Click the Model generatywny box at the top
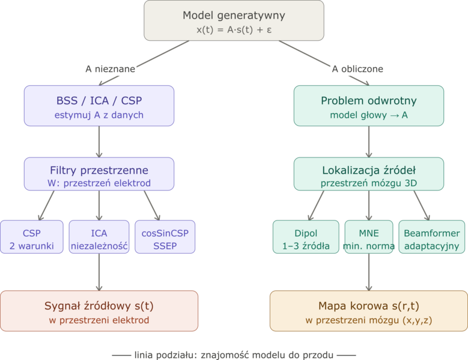[x=234, y=21]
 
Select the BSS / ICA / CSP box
[x=99, y=106]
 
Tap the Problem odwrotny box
[x=369, y=106]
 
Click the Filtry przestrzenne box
[x=99, y=174]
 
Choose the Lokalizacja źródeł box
[x=369, y=174]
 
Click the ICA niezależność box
[x=99, y=239]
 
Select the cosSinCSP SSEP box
[x=165, y=239]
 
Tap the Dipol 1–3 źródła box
[x=305, y=239]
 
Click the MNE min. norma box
[x=368, y=239]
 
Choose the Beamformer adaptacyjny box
[x=431, y=239]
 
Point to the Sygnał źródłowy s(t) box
[x=99, y=311]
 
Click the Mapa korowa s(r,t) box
[x=368, y=311]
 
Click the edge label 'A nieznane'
[x=110, y=69]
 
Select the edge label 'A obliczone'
[x=357, y=69]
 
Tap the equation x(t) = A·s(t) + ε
[x=234, y=29]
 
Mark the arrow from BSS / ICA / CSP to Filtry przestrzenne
[x=99, y=142]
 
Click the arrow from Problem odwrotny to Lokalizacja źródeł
[x=369, y=142]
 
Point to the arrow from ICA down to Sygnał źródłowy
[x=99, y=273]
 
